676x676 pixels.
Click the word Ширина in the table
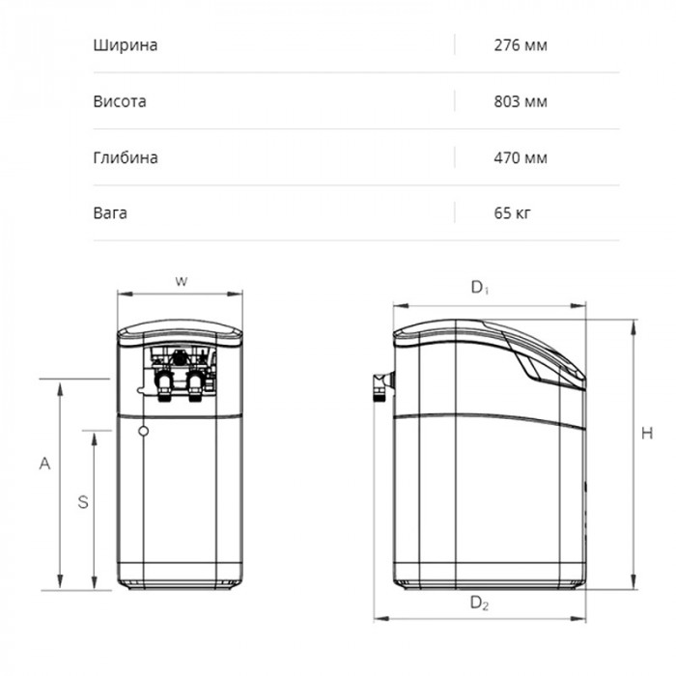coord(125,45)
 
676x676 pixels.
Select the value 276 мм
coord(521,45)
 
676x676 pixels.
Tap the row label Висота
coord(120,101)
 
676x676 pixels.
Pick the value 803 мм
coord(521,101)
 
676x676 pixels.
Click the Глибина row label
coord(126,157)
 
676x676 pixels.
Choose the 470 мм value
coord(521,157)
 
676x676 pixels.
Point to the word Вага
coord(110,213)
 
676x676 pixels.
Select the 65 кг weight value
coord(512,213)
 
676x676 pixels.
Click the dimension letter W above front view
coord(182,282)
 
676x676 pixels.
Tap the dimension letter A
coord(44,464)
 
